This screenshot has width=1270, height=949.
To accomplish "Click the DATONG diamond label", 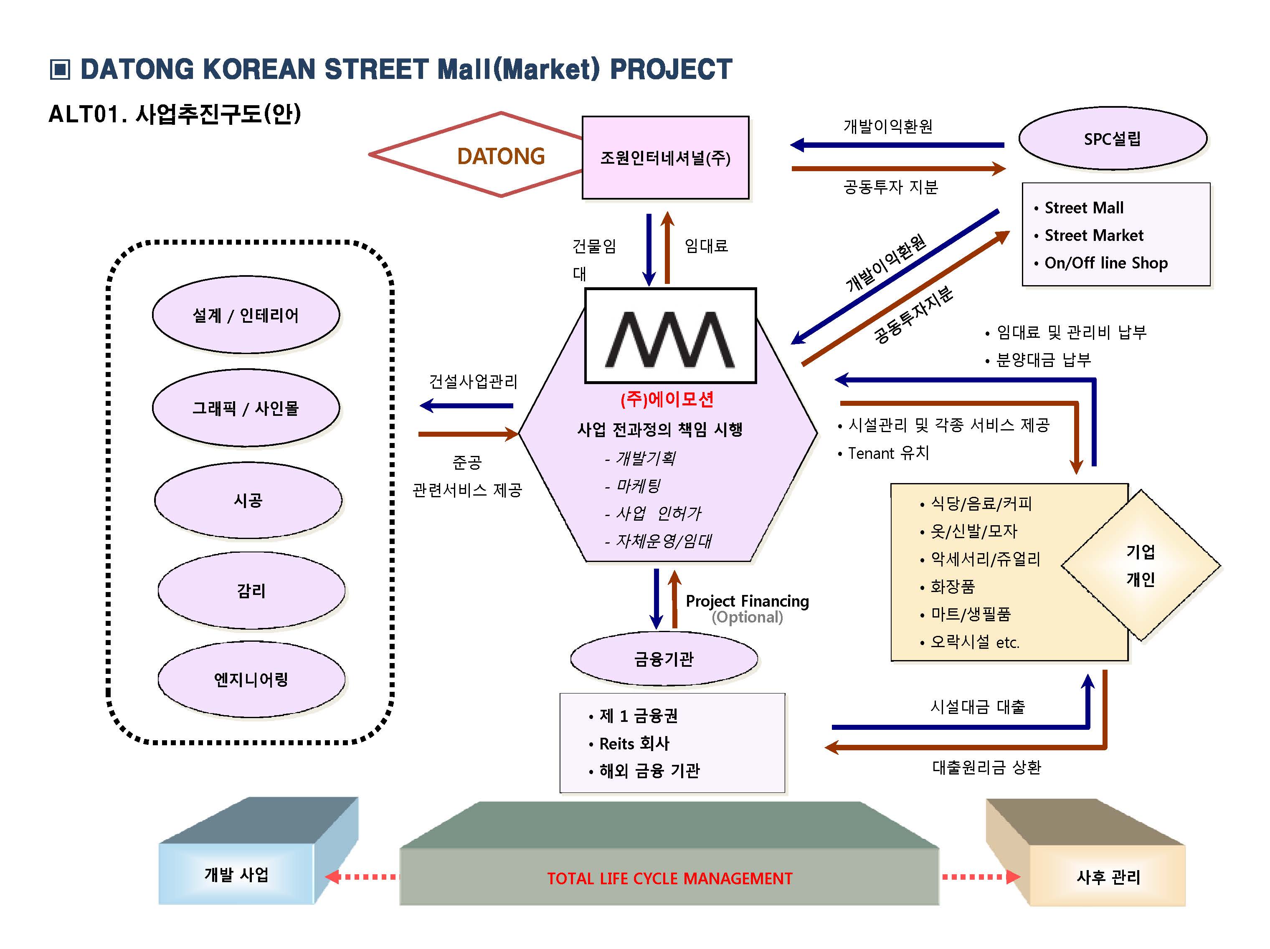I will click(501, 156).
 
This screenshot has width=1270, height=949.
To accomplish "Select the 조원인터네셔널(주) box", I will click(665, 158).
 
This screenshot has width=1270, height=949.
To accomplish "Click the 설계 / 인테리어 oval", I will click(246, 315).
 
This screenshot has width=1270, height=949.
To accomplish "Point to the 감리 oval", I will click(251, 591).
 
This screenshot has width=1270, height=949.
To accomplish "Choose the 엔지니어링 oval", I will click(251, 680).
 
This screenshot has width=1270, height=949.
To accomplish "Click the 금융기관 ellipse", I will click(664, 658).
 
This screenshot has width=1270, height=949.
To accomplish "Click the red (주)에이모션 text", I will click(667, 400).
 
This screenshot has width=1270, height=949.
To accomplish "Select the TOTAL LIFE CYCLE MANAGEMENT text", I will click(669, 878).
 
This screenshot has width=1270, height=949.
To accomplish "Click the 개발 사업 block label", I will click(236, 874).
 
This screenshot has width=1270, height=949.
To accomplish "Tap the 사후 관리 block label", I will click(1108, 877).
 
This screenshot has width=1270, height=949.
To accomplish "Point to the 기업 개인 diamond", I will click(1140, 565).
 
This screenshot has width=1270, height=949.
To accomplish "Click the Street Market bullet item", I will click(1093, 235).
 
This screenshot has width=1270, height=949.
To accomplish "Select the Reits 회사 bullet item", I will click(634, 744).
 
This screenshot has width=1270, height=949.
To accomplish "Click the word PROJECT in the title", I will click(671, 69).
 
